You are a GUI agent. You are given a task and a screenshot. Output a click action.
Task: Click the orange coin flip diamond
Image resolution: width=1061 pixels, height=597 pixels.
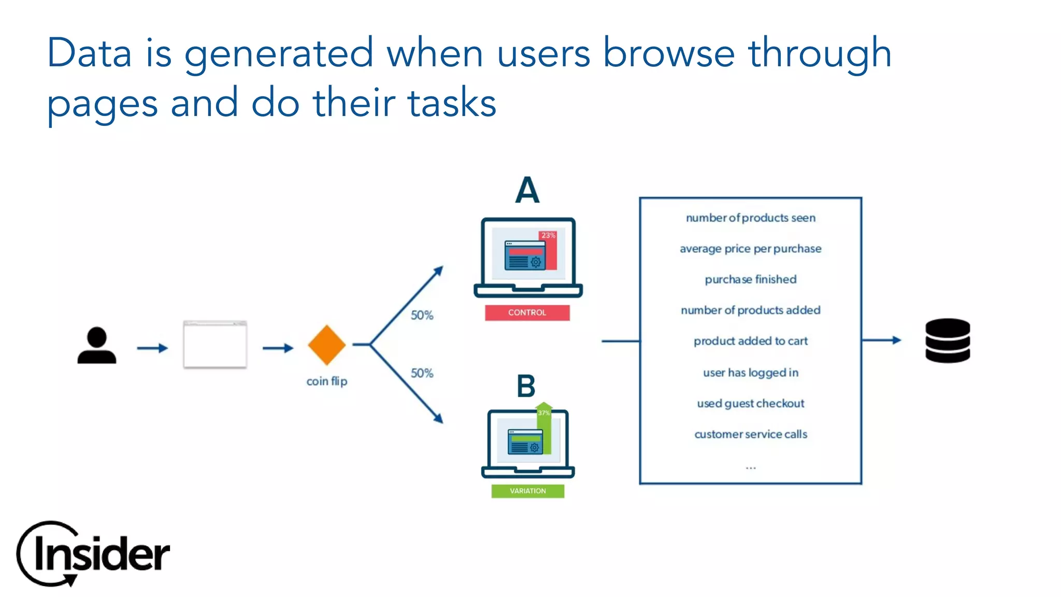pyautogui.click(x=326, y=345)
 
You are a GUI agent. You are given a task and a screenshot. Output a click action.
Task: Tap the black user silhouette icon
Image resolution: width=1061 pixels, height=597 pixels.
pyautogui.click(x=97, y=346)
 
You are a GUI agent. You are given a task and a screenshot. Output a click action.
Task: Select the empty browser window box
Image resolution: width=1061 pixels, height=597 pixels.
pyautogui.click(x=215, y=345)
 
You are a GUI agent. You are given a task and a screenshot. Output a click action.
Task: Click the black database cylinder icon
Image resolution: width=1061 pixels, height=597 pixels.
pyautogui.click(x=948, y=340)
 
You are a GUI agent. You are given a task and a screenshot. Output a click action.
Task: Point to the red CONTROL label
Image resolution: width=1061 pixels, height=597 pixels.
pyautogui.click(x=527, y=312)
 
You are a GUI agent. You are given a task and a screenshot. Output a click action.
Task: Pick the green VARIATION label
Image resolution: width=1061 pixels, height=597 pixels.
pyautogui.click(x=527, y=491)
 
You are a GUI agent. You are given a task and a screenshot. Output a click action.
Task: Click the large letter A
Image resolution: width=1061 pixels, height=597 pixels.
pyautogui.click(x=527, y=190)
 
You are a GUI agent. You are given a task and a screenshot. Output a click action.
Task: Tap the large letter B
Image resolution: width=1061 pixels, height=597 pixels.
pyautogui.click(x=526, y=386)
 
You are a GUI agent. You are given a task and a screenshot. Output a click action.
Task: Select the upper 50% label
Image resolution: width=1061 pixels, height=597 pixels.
pyautogui.click(x=422, y=315)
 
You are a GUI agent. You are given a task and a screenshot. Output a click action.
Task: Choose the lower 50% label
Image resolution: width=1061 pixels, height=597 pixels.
pyautogui.click(x=422, y=373)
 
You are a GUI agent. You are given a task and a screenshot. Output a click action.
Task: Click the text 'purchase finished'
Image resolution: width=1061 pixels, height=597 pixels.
pyautogui.click(x=750, y=279)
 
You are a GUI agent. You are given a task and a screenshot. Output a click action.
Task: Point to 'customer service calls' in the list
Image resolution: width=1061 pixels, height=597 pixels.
pyautogui.click(x=750, y=434)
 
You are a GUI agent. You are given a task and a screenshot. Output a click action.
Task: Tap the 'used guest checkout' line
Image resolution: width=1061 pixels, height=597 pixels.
pyautogui.click(x=750, y=403)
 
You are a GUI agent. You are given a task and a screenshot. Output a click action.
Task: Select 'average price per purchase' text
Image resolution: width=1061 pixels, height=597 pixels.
pyautogui.click(x=750, y=249)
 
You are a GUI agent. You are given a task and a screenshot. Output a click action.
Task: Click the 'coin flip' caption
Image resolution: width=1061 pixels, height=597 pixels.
pyautogui.click(x=326, y=381)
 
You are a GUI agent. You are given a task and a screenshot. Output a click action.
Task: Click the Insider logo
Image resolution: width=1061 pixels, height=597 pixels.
pyautogui.click(x=93, y=553)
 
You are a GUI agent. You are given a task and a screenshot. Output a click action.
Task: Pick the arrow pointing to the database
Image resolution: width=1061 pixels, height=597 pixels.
pyautogui.click(x=882, y=340)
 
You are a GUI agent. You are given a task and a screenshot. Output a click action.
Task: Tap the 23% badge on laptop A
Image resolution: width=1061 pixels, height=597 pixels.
pyautogui.click(x=548, y=235)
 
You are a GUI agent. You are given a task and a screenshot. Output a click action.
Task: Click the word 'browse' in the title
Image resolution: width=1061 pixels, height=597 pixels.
pyautogui.click(x=668, y=53)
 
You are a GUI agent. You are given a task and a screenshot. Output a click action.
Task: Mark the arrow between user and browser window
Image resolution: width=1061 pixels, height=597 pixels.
pyautogui.click(x=152, y=348)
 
